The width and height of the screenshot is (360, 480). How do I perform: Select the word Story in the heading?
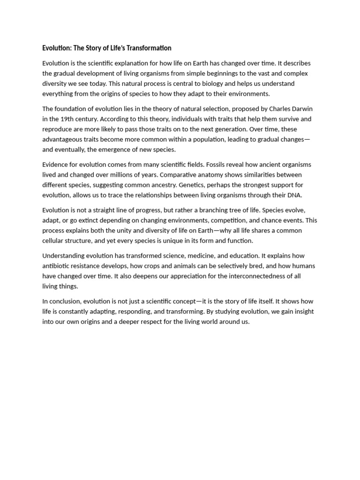tap(94, 48)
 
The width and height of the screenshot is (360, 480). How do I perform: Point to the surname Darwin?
tap(302, 109)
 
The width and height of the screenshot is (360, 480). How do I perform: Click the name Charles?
tap(279, 109)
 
